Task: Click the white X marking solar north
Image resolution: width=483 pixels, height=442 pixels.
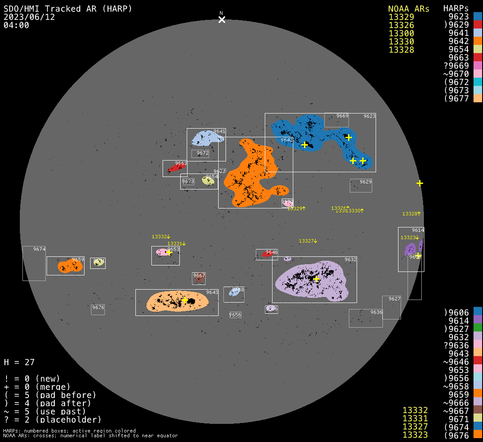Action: tap(222, 19)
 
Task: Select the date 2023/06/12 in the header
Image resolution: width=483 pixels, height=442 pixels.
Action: tap(29, 17)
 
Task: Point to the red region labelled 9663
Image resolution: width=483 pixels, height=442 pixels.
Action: tap(177, 167)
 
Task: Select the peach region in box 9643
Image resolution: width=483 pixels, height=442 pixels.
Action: tap(177, 302)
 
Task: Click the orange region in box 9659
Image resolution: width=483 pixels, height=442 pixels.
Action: tap(69, 266)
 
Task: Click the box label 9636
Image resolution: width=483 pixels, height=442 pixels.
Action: tap(376, 312)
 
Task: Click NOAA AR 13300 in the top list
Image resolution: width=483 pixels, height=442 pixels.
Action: tap(401, 33)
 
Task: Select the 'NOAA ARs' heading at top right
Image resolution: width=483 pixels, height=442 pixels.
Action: tap(408, 9)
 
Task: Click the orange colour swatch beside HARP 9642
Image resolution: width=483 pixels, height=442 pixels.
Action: tap(477, 41)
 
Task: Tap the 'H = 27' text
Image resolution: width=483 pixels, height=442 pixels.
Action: tap(19, 362)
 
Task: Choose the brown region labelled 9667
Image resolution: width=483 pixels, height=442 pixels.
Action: tap(199, 279)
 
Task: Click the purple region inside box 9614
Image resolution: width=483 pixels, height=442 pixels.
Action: tap(410, 249)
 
